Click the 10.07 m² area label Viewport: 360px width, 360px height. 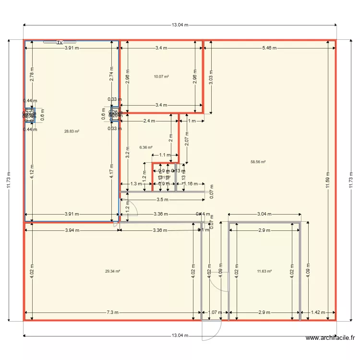pos(161,76)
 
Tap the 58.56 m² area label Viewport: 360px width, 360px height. pos(258,162)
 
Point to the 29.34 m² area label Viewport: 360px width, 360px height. pos(112,271)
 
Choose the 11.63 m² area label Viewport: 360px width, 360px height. pos(264,271)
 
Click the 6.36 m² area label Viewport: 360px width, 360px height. pos(146,147)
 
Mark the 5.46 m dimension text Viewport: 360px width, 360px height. pos(269,48)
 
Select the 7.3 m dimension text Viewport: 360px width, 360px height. pos(112,312)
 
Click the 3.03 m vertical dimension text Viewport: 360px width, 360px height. pos(211,77)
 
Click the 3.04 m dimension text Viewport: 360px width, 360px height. pos(264,214)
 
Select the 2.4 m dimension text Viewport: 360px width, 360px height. pos(148,121)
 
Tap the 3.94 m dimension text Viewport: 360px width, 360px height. pos(72,230)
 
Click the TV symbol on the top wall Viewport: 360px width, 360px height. pos(60,42)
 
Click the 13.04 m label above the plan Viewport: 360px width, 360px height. pos(180,25)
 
